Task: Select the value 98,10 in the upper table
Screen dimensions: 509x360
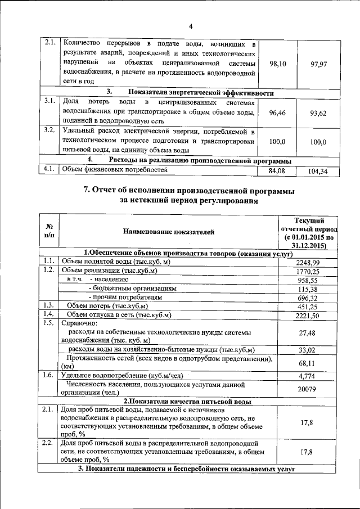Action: pyautogui.click(x=278, y=64)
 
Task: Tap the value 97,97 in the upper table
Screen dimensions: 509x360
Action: pyautogui.click(x=318, y=64)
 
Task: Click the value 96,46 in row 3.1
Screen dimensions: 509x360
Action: pyautogui.click(x=278, y=113)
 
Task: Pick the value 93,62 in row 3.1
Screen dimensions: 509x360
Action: pyautogui.click(x=318, y=113)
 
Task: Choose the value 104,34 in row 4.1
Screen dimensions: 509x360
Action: pyautogui.click(x=318, y=171)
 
